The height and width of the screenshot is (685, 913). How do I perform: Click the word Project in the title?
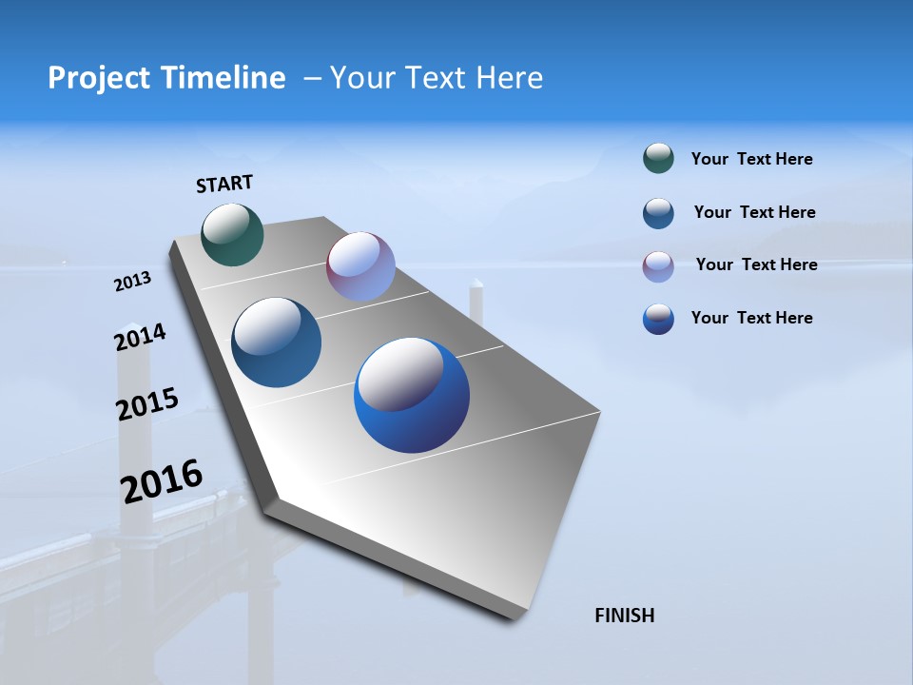pyautogui.click(x=96, y=78)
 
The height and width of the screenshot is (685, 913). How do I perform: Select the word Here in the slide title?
pyautogui.click(x=509, y=78)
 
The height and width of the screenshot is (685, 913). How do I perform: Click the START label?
pyautogui.click(x=224, y=184)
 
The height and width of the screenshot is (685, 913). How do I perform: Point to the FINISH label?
pyautogui.click(x=625, y=616)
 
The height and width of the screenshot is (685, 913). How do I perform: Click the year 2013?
pyautogui.click(x=132, y=282)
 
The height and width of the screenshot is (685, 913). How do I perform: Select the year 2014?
pyautogui.click(x=140, y=337)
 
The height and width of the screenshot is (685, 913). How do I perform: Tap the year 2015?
pyautogui.click(x=146, y=404)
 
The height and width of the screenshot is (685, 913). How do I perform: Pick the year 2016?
pyautogui.click(x=162, y=481)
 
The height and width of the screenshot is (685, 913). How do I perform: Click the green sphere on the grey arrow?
pyautogui.click(x=233, y=234)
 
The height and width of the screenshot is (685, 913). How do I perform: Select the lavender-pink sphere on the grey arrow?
pyautogui.click(x=360, y=266)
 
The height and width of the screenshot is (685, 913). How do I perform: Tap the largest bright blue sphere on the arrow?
pyautogui.click(x=412, y=395)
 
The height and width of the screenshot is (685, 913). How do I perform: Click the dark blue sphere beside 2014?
pyautogui.click(x=277, y=342)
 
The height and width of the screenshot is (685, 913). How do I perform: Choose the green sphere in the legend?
pyautogui.click(x=658, y=159)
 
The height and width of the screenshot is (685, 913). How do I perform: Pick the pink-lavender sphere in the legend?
pyautogui.click(x=658, y=266)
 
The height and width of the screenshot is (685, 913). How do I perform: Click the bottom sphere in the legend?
pyautogui.click(x=658, y=319)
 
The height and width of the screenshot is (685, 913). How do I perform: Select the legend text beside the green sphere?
pyautogui.click(x=751, y=159)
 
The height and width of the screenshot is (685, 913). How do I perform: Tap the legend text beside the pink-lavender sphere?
pyautogui.click(x=756, y=264)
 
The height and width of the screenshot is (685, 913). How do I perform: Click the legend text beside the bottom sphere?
pyautogui.click(x=751, y=318)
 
